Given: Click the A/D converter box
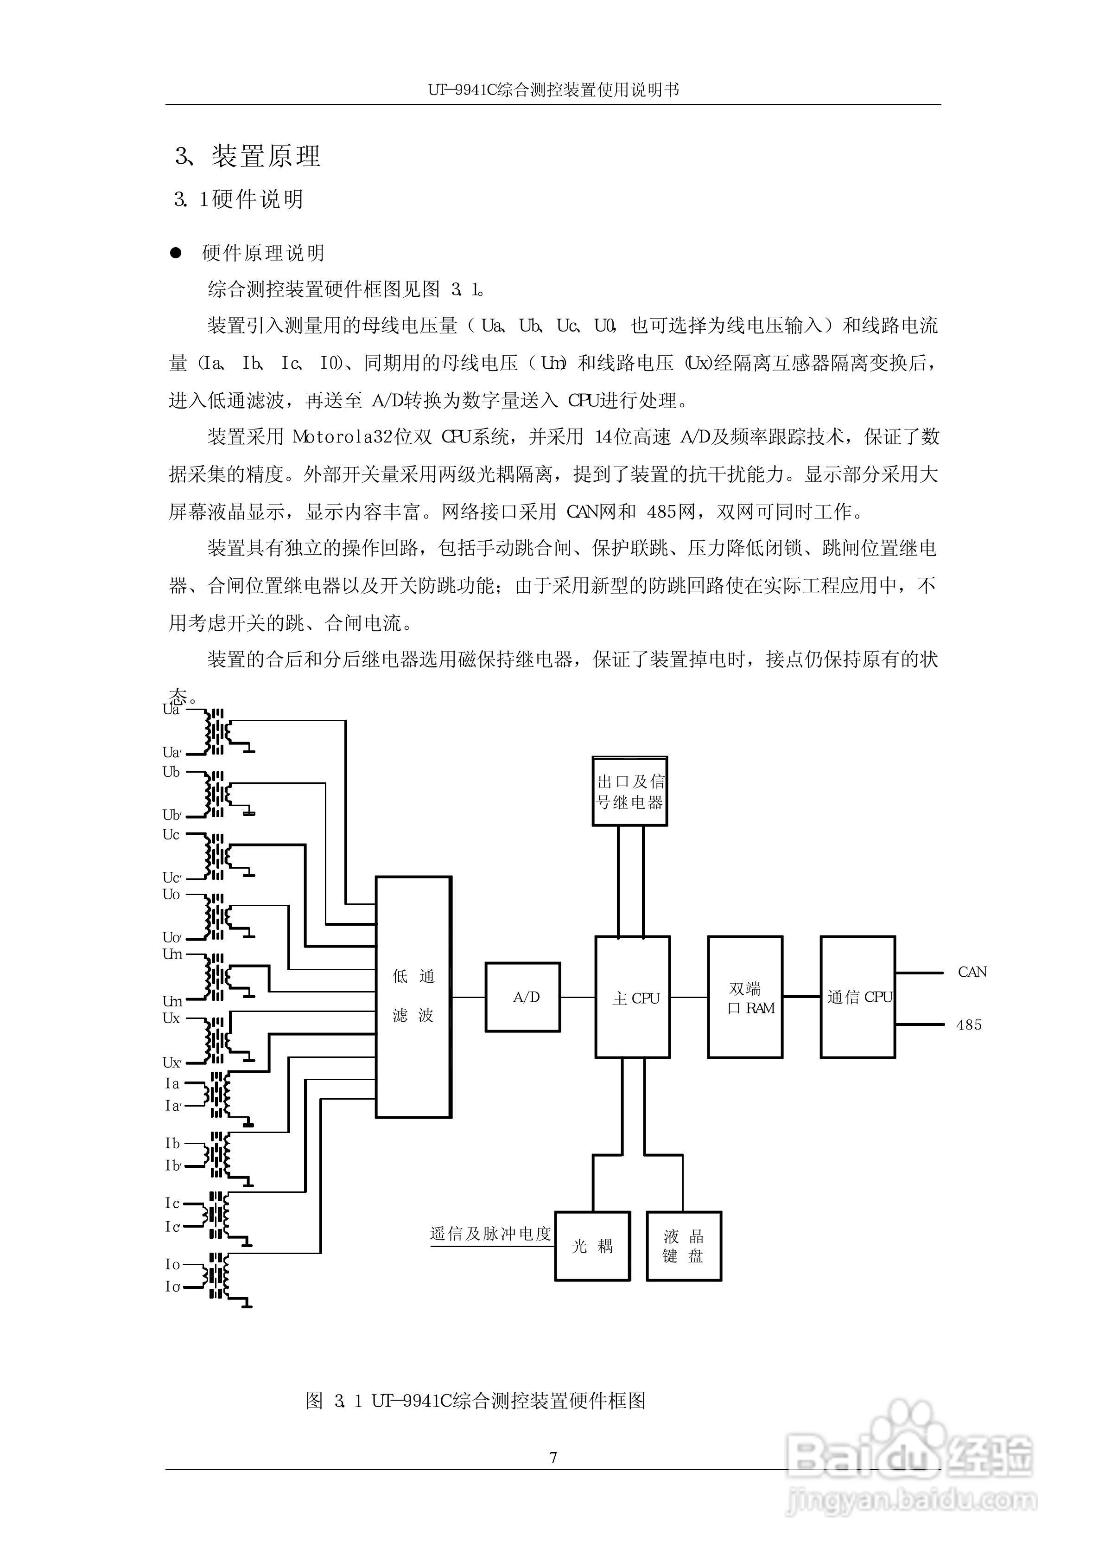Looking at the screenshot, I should click(522, 997).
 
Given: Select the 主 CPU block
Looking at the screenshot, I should click(633, 997).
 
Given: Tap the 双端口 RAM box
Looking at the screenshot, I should click(745, 997).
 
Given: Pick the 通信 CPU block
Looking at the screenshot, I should click(857, 997).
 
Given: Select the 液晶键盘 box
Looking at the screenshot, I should click(684, 1246).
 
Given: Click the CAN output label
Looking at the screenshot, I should click(972, 972).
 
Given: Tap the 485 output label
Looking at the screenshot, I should click(969, 1025).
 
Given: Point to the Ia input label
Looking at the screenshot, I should click(172, 1083).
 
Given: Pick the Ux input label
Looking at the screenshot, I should click(171, 1018).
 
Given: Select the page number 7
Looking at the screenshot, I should click(553, 1457).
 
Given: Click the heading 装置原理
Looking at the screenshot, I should click(266, 157).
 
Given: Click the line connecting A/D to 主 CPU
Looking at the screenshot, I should click(578, 997).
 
